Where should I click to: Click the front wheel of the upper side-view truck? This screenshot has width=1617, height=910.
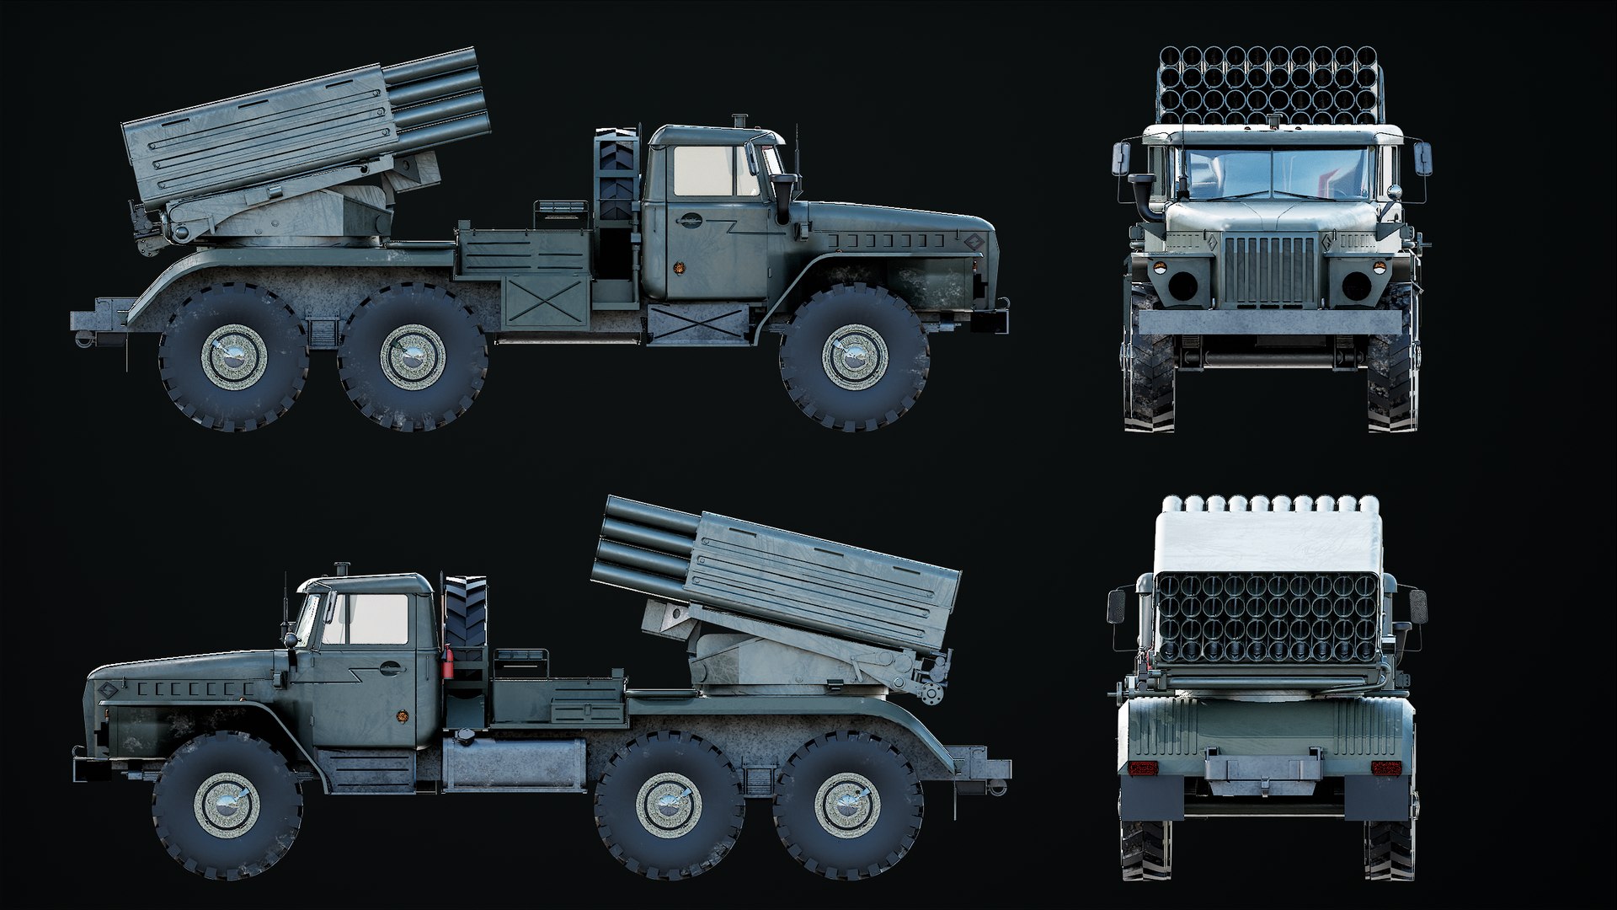point(854,356)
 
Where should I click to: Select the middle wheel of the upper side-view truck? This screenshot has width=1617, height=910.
point(412,356)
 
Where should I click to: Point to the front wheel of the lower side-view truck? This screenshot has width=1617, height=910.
point(227,804)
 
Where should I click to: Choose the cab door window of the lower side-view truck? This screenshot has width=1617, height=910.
point(376,619)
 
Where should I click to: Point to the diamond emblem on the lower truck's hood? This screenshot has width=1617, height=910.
point(107,691)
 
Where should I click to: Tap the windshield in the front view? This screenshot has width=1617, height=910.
point(1269,177)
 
